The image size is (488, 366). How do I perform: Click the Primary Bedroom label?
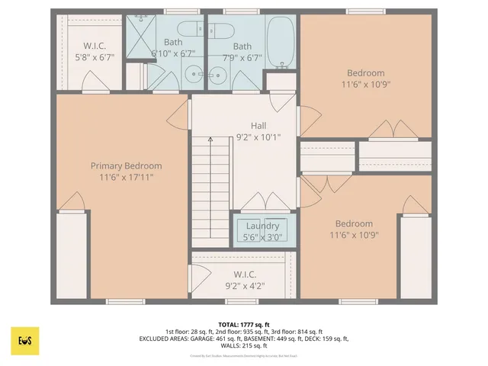tap(126, 166)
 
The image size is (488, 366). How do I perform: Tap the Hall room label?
tap(259, 126)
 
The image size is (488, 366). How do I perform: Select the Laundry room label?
tap(262, 226)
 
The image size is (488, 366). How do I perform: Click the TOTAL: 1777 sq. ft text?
tap(243, 324)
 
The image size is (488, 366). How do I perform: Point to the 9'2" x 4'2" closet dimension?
tap(244, 285)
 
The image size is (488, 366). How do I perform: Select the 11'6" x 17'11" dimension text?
tap(126, 177)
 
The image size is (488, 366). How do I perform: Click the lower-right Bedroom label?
tap(355, 223)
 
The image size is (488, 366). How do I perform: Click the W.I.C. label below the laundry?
tap(244, 274)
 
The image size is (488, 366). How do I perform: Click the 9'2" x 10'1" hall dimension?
tap(259, 137)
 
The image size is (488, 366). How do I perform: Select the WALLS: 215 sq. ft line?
tap(243, 347)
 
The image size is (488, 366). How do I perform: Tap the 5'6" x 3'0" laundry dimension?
tap(262, 237)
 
